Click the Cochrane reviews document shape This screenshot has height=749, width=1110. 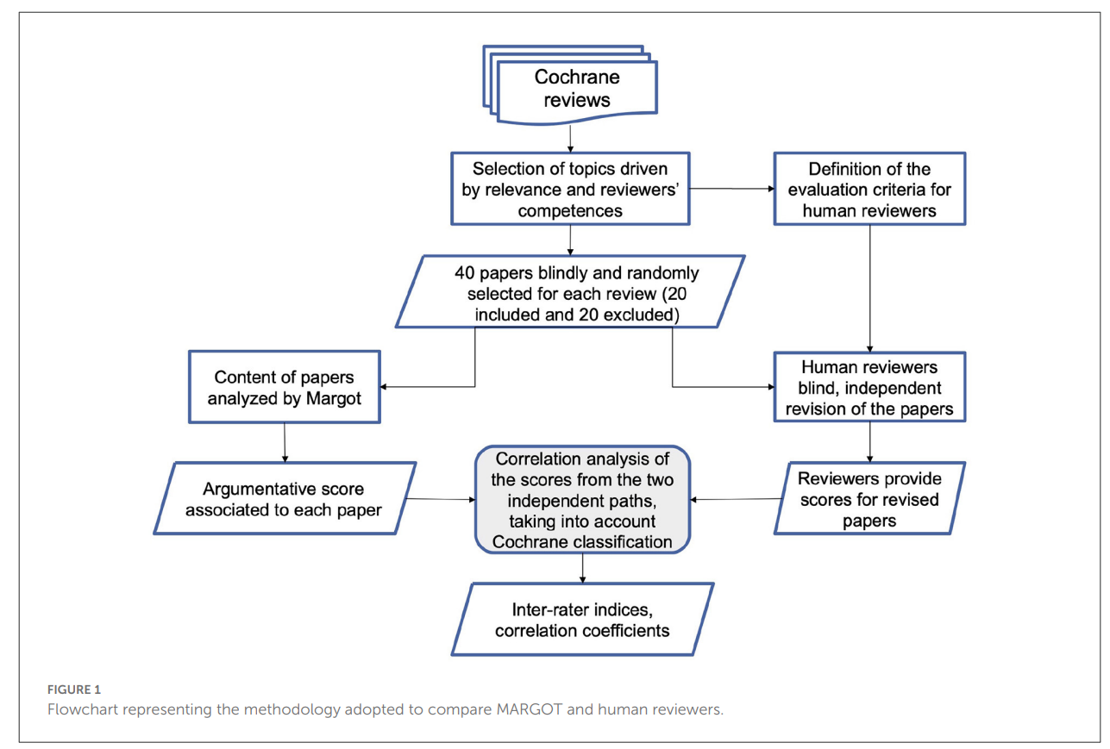pyautogui.click(x=576, y=88)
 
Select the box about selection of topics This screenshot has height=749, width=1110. pyautogui.click(x=570, y=189)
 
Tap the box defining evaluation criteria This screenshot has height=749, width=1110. pyautogui.click(x=869, y=189)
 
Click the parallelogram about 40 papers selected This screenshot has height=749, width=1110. pyautogui.click(x=570, y=293)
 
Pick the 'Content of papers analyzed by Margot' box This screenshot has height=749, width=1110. pyautogui.click(x=285, y=388)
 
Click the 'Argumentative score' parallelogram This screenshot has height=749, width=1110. pyautogui.click(x=285, y=497)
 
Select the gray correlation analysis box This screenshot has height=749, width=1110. pyautogui.click(x=582, y=499)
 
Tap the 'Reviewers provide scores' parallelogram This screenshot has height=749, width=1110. pyautogui.click(x=869, y=499)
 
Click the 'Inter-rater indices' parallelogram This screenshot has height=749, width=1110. pyautogui.click(x=582, y=619)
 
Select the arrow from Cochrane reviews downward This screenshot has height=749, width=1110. pyautogui.click(x=570, y=137)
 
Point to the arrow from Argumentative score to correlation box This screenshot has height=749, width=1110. pyautogui.click(x=440, y=498)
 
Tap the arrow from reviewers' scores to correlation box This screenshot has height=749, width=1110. pyautogui.click(x=734, y=498)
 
